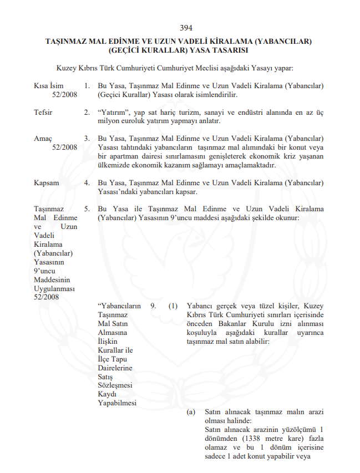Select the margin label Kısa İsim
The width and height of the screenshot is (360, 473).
[48, 86]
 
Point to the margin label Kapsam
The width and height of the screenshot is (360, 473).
[47, 182]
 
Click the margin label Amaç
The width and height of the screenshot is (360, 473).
[43, 138]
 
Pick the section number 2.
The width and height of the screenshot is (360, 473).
[87, 112]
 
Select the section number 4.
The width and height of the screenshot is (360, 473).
[87, 182]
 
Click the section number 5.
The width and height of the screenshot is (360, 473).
[87, 208]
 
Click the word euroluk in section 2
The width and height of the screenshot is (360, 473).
[138, 121]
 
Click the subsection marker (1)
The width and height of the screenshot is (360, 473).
[174, 306]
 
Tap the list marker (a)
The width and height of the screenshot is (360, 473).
[191, 412]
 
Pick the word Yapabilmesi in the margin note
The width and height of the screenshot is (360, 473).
[116, 403]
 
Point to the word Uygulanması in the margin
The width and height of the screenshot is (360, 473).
[54, 289]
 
